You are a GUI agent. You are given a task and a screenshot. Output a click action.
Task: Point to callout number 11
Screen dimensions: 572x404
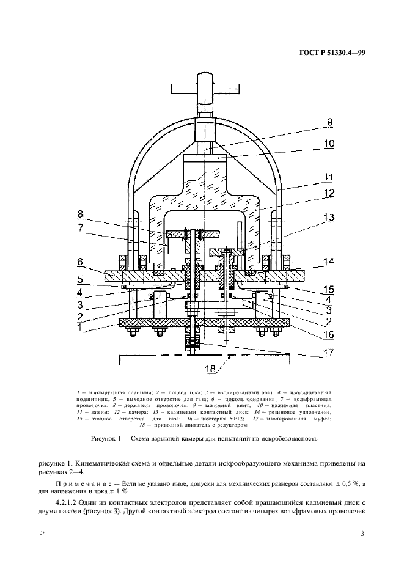pyautogui.click(x=329, y=178)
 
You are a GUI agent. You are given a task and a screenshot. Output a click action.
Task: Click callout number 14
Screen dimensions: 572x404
pyautogui.click(x=329, y=261)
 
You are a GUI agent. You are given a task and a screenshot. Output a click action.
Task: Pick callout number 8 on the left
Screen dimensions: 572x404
pyautogui.click(x=81, y=215)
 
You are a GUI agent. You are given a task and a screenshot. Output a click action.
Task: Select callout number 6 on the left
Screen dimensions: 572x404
pyautogui.click(x=81, y=261)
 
